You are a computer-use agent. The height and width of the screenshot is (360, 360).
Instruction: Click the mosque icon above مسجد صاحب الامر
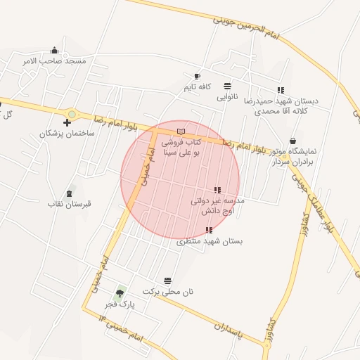coord(55,50)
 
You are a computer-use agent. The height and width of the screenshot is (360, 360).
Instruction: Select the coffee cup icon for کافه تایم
coord(198,76)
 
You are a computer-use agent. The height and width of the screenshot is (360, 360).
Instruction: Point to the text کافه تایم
coord(198,86)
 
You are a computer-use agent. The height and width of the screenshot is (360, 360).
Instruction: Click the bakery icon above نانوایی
coord(227,85)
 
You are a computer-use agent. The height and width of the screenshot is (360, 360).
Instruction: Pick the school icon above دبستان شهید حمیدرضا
coord(281,90)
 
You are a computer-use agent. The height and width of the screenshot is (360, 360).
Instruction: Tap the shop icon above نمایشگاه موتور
coord(291,141)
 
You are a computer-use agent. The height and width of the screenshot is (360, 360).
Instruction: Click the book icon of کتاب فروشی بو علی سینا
coord(181,131)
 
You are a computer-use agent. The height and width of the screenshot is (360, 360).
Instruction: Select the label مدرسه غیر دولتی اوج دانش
coord(217,205)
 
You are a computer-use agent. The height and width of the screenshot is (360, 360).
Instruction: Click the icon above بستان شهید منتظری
coord(209,230)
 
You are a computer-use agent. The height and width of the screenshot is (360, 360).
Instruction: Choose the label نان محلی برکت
coord(167,291)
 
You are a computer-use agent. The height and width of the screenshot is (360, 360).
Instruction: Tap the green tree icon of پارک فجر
coord(120,292)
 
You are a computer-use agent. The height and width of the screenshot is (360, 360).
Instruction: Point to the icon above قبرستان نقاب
coord(70,193)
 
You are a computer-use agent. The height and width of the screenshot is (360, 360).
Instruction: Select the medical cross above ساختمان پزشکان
coord(67,123)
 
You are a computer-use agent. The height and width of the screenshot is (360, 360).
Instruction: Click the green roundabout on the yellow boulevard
coord(71,114)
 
